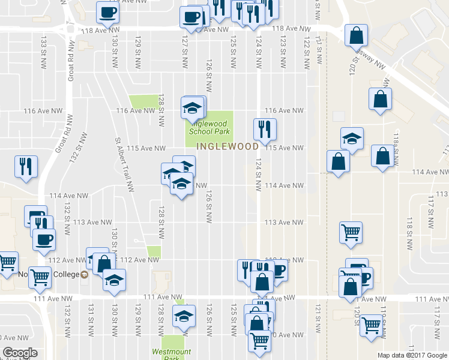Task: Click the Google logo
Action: [20, 353]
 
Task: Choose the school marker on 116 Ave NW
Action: [192, 107]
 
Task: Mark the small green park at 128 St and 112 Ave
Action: [154, 253]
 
